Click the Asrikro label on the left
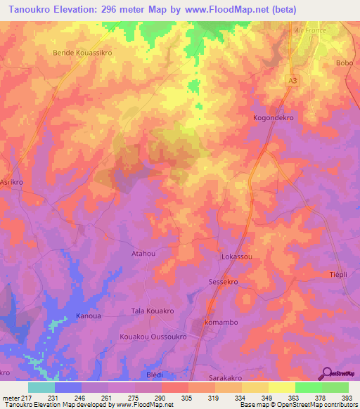[x=13, y=180]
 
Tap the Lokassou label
[x=237, y=258]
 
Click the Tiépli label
[x=340, y=274]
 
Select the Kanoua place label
[x=89, y=316]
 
